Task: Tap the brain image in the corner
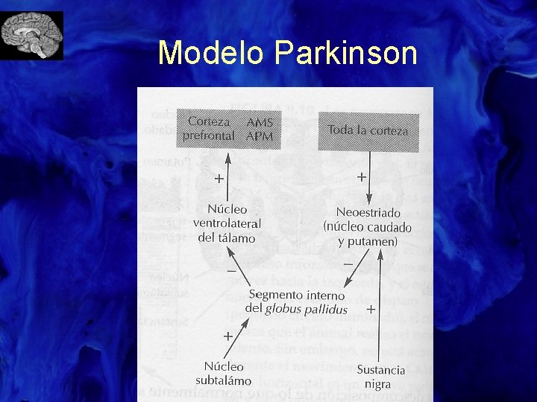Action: [x=32, y=35]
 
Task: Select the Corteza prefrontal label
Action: [x=209, y=128]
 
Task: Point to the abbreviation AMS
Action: [x=260, y=122]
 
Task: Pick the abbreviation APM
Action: [x=260, y=136]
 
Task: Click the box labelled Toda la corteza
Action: [x=368, y=130]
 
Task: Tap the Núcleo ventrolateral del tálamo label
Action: [x=226, y=223]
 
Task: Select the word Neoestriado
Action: [x=368, y=212]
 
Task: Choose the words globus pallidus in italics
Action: [x=307, y=308]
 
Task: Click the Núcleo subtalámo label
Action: [x=223, y=373]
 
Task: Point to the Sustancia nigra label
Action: [x=380, y=377]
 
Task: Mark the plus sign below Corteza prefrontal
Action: [x=219, y=179]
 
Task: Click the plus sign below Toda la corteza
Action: [x=361, y=177]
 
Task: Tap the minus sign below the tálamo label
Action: [x=231, y=271]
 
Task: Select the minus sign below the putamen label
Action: [x=348, y=264]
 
